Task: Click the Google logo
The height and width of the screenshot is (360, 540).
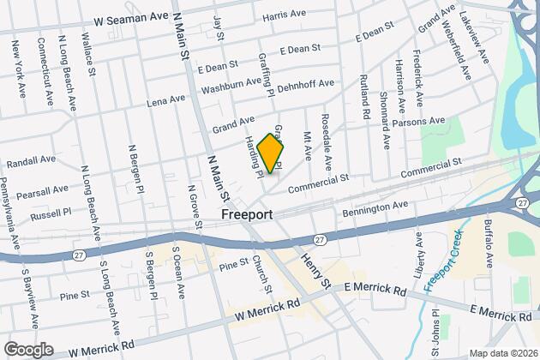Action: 28,350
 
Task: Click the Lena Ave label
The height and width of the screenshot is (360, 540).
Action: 167,100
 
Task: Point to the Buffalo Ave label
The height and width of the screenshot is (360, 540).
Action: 488,245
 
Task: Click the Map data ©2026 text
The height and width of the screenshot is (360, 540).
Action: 500,352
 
